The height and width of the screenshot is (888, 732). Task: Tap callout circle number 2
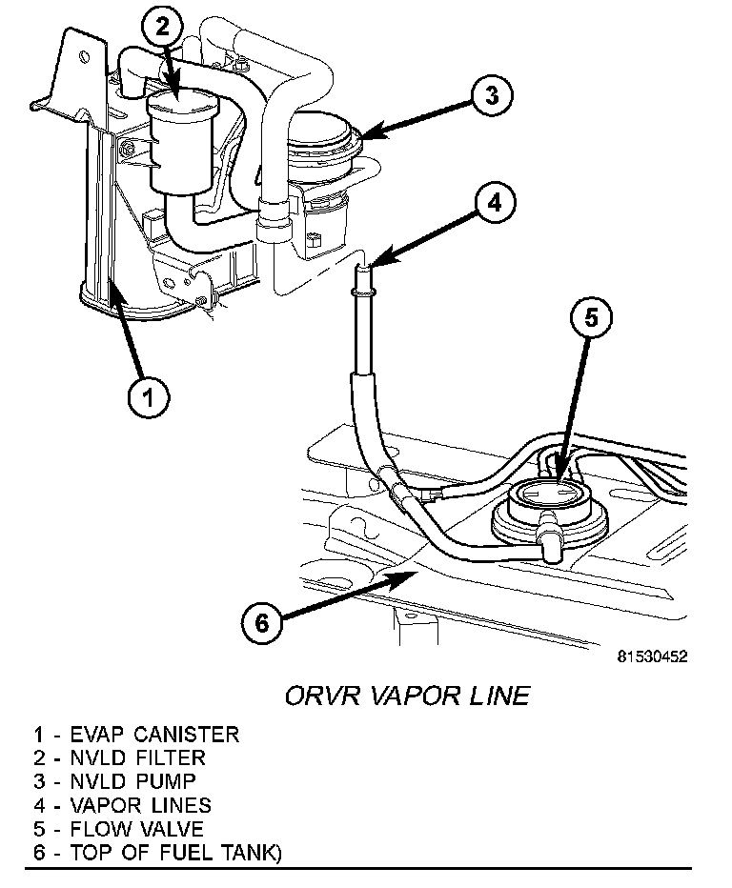pos(163,28)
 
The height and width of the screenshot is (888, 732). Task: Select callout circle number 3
pos(489,94)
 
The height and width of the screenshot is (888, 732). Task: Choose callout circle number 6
pos(262,622)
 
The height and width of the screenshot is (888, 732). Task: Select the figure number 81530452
pos(652,656)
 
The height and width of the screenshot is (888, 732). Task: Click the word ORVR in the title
pos(323,696)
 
